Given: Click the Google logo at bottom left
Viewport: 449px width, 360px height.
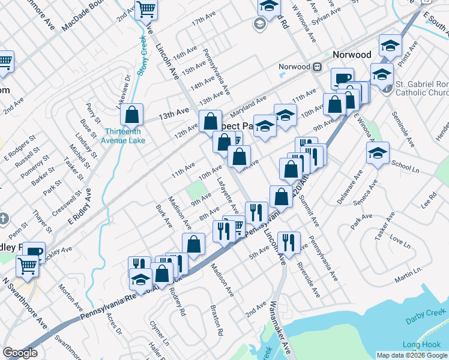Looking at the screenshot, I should pyautogui.click(x=20, y=353).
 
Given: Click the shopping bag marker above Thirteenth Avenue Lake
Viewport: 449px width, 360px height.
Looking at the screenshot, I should pyautogui.click(x=131, y=115).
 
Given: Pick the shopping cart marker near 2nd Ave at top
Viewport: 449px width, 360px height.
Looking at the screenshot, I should pyautogui.click(x=146, y=10).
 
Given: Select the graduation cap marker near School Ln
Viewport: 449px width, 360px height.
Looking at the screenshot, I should pyautogui.click(x=378, y=154).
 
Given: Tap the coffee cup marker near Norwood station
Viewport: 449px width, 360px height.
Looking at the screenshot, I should pyautogui.click(x=343, y=79).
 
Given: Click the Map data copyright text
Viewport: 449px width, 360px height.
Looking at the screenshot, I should pyautogui.click(x=412, y=355).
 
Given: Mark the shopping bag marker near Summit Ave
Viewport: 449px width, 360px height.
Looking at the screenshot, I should pyautogui.click(x=281, y=196).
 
